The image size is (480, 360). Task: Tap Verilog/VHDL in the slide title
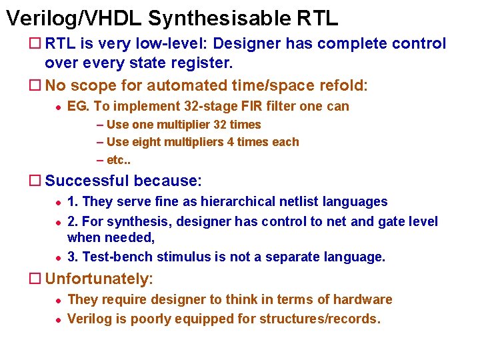pyautogui.click(x=74, y=18)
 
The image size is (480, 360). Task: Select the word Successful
pyautogui.click(x=87, y=181)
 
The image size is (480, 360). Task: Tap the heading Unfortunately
pyautogui.click(x=99, y=279)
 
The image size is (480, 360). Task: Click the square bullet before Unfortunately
pyautogui.click(x=37, y=279)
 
